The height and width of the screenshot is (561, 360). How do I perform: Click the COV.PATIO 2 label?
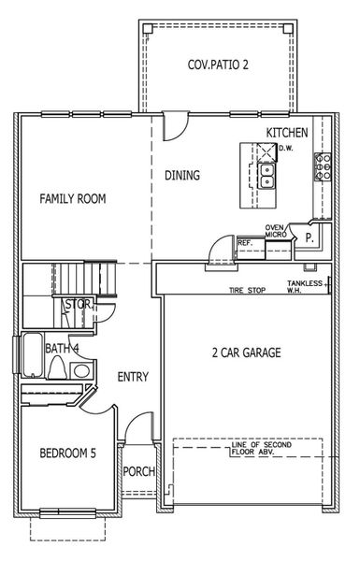[218, 65]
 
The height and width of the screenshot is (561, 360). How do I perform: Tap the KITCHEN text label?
[288, 133]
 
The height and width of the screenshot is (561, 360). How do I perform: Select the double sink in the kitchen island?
[266, 174]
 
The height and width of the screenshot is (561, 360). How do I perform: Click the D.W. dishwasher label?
[285, 147]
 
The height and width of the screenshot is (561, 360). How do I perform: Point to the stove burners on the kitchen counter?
[324, 167]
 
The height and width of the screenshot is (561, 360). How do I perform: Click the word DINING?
[182, 175]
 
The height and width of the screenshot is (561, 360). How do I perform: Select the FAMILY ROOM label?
[72, 199]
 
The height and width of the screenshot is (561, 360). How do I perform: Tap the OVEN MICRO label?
[275, 232]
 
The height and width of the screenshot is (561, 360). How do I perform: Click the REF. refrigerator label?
[245, 243]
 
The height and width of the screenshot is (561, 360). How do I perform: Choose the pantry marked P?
[308, 238]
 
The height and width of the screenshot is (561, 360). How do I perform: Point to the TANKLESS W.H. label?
[306, 286]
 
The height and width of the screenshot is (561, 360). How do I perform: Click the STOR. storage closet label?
[76, 305]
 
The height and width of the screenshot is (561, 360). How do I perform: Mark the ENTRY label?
[134, 377]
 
